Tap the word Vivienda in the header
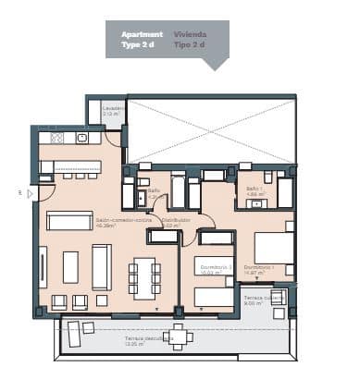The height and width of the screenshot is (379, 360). [190, 34]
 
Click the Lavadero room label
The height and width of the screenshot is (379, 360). [114, 107]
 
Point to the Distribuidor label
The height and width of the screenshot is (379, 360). [175, 222]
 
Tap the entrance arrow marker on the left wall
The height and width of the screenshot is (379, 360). [31, 193]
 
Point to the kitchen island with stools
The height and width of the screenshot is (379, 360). [71, 167]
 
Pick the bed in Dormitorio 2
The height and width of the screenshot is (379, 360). [214, 296]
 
